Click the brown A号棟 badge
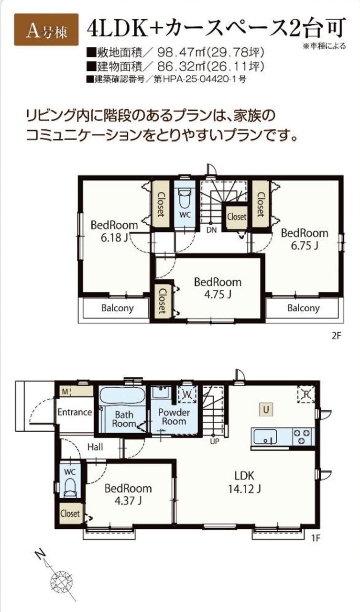(46, 30)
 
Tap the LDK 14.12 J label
(244, 482)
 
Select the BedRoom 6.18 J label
(114, 231)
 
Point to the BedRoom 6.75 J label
(305, 240)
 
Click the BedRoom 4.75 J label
(218, 288)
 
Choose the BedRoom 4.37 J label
(128, 494)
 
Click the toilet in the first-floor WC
(70, 488)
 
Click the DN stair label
(211, 230)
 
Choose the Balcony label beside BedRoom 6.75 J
(304, 308)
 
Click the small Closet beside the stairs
(237, 217)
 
